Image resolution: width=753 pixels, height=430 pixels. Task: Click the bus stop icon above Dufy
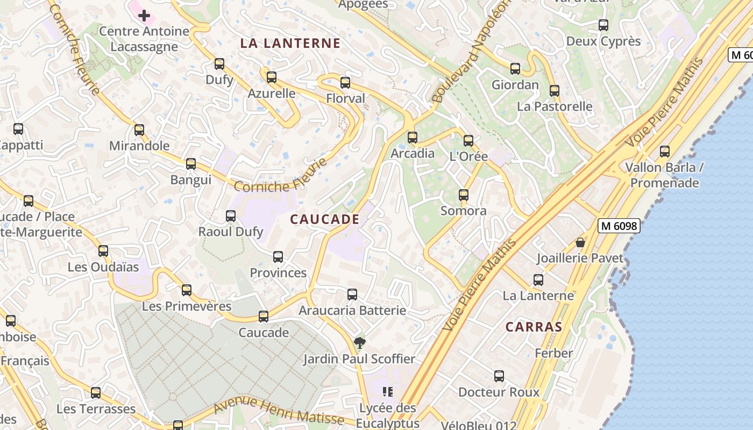click(x=219, y=64)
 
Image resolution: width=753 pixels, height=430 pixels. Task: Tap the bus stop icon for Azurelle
click(x=272, y=77)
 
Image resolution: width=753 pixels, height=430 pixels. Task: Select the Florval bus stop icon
click(x=345, y=83)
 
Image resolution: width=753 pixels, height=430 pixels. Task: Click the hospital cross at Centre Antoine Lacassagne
click(x=144, y=16)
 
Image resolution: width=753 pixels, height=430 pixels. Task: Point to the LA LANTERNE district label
click(x=290, y=44)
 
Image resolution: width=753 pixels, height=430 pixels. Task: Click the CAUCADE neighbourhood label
click(x=325, y=219)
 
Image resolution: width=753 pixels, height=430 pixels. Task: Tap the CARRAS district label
click(x=534, y=327)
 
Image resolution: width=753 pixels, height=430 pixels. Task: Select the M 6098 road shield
click(x=619, y=226)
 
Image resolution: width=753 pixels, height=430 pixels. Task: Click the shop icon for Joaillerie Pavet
click(x=580, y=242)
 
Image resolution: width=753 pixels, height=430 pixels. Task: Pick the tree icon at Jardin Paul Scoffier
click(x=359, y=343)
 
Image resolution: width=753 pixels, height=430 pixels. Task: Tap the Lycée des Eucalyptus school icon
click(x=388, y=392)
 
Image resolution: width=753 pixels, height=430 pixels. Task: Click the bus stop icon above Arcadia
click(x=413, y=138)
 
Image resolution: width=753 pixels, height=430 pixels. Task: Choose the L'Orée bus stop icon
click(x=468, y=141)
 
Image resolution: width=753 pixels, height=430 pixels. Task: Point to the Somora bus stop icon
click(x=464, y=195)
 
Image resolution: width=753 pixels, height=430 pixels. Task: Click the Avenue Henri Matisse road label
click(x=279, y=411)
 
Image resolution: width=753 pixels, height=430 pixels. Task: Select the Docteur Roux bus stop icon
click(x=499, y=376)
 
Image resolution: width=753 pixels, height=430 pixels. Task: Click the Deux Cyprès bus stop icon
click(x=603, y=25)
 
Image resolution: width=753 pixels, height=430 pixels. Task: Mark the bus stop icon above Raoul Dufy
click(x=231, y=216)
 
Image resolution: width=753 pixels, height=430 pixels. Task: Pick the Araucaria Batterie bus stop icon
click(x=352, y=295)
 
